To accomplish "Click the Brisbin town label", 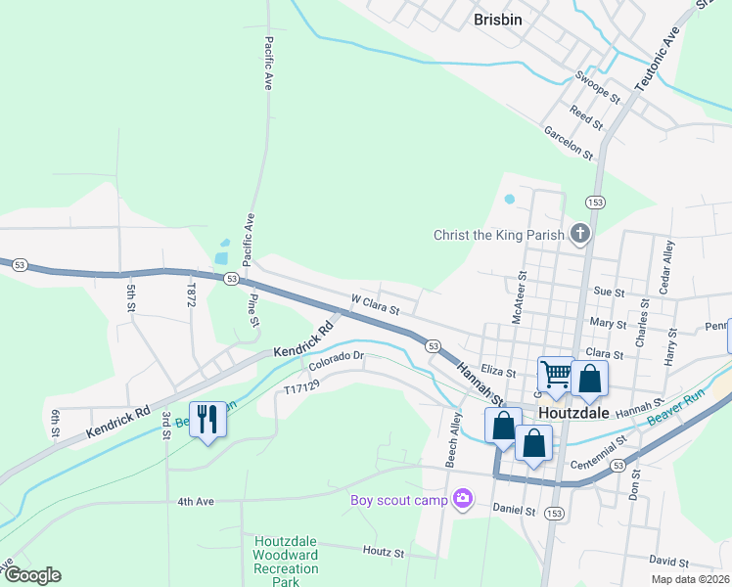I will pos(497,19).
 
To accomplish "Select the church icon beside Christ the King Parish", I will pos(580,234).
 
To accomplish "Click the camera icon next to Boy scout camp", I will pos(463,500).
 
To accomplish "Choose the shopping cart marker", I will pos(556,373).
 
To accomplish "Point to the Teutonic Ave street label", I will pos(657,58).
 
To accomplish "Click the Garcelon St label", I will pos(569,143).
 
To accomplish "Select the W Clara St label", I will pos(376,306).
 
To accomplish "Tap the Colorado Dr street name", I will pos(337,361).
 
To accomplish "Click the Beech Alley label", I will pos(455,438).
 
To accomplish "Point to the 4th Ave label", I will pos(196,502).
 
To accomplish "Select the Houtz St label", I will pos(384,553).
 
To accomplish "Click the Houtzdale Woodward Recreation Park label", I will pos(286,562).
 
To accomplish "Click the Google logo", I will pos(31,575).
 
